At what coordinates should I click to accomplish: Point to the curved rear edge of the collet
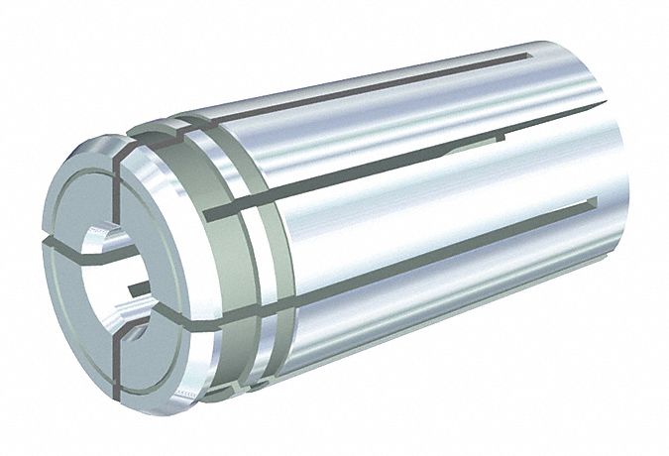[639, 248]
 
